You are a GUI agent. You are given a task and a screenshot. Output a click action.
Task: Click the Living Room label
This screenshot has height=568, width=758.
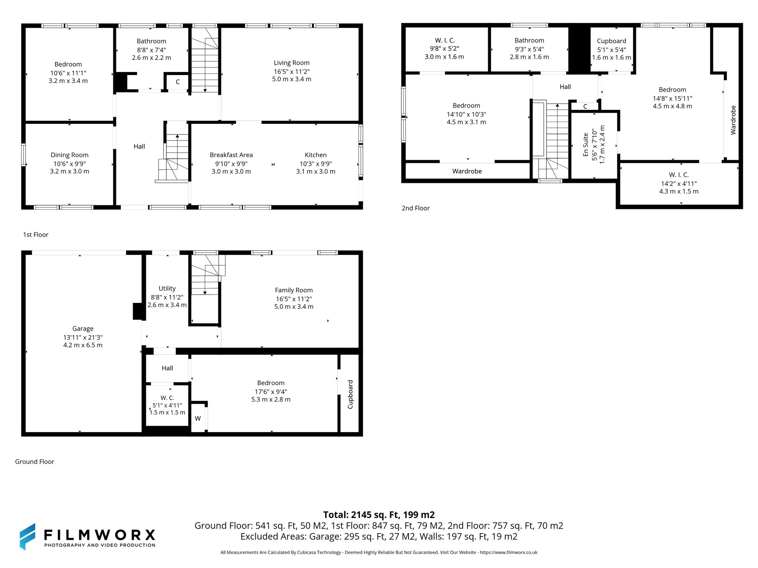click(291, 63)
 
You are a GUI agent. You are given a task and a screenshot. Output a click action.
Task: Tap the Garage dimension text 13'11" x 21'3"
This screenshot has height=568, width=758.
click(83, 337)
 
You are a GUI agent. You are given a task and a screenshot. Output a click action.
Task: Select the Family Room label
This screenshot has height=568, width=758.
click(294, 290)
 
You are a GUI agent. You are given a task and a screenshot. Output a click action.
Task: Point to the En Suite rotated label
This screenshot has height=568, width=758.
click(586, 145)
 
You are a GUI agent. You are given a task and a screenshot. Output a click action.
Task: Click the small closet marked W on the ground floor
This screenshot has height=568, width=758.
click(198, 418)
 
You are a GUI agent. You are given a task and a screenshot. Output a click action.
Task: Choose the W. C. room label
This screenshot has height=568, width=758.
click(167, 398)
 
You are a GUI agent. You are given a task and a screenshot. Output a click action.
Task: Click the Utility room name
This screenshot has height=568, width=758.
click(167, 289)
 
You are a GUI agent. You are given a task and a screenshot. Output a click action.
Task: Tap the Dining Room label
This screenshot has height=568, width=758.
click(69, 155)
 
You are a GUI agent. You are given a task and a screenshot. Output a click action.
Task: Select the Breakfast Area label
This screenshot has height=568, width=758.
click(231, 155)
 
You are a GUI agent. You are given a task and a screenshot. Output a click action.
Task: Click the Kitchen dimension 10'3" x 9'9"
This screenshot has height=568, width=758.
click(316, 164)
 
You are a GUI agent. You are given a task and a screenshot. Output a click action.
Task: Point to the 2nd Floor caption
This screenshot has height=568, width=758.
click(415, 208)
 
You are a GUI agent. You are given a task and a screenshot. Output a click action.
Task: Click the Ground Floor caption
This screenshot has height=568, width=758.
click(34, 462)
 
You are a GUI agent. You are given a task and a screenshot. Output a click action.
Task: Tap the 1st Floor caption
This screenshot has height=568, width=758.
click(36, 235)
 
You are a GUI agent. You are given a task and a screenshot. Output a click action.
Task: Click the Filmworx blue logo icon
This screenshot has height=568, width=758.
click(28, 537)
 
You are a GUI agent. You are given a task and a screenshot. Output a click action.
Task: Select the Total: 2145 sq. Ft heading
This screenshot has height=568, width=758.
click(379, 515)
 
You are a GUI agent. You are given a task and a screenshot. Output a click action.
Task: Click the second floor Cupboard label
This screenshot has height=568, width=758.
click(611, 41)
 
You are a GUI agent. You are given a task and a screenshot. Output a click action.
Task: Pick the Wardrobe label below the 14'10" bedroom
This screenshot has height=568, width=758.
click(467, 171)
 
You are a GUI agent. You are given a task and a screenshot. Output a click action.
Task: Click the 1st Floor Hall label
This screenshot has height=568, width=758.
click(139, 147)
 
